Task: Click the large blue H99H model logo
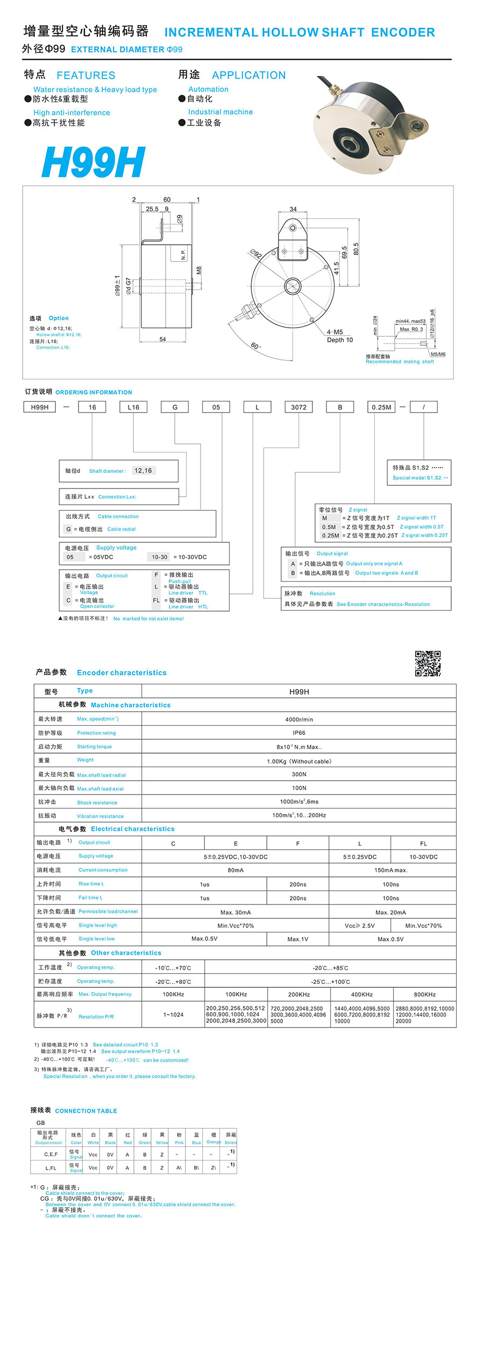point(94,162)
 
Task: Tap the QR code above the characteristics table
point(428,663)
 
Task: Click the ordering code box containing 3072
point(298,407)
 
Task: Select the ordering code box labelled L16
point(133,407)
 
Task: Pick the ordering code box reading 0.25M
point(381,407)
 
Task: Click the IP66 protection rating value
point(299,733)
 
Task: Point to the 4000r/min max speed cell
point(299,719)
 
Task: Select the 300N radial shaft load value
point(299,774)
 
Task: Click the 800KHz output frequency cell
point(424,994)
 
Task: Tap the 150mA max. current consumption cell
point(391,870)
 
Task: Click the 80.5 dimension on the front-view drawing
point(356,249)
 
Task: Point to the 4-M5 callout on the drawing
point(334,332)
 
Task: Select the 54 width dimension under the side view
point(162,339)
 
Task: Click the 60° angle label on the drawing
point(255,345)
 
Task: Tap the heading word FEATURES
point(86,75)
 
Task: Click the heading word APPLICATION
point(249,75)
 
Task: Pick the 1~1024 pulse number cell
point(173,1015)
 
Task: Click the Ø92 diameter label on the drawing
point(256,254)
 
